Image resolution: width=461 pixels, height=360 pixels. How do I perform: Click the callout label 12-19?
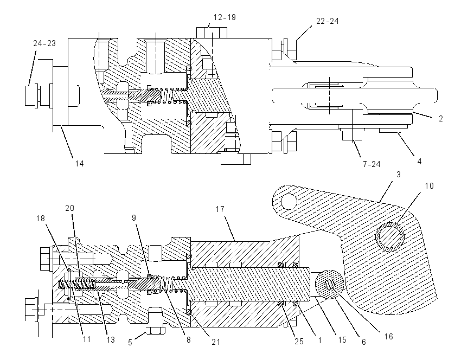225,17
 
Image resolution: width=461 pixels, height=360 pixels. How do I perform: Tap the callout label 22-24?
328,21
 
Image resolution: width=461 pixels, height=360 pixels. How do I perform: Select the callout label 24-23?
44,43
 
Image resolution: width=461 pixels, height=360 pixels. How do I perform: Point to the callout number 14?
79,163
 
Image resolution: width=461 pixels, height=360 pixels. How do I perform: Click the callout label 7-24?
372,164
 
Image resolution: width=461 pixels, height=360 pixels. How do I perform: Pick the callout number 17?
220,209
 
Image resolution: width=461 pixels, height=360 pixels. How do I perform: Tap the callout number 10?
430,186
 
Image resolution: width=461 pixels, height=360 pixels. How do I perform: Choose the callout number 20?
69,208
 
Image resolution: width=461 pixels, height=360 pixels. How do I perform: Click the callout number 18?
41,218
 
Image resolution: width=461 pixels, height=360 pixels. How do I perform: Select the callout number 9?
134,218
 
